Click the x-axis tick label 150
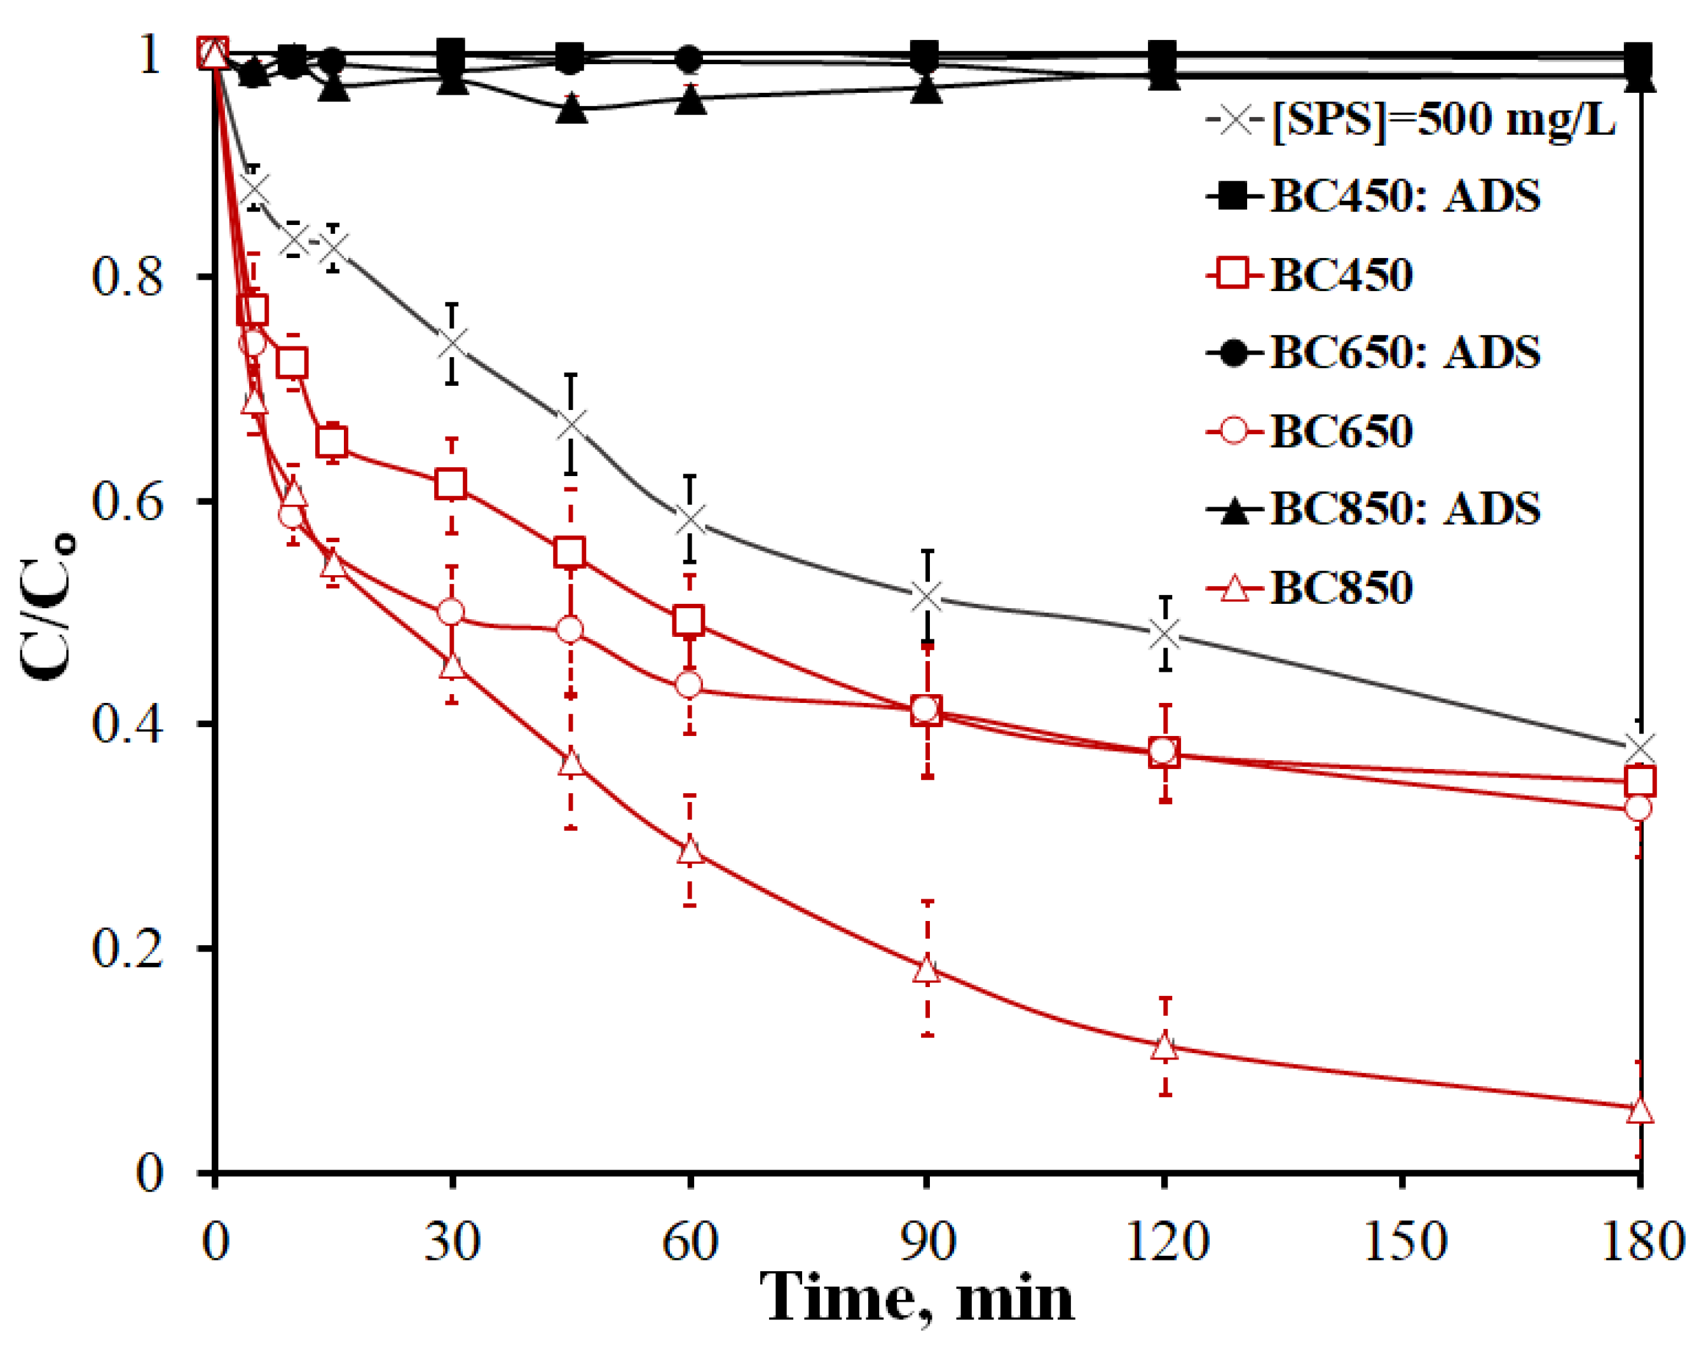(x=1402, y=1242)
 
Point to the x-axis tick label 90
(x=927, y=1242)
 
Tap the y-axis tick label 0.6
(x=126, y=501)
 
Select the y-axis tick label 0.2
(x=126, y=948)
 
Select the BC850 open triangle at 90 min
(x=927, y=969)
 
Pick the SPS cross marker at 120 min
(x=1164, y=634)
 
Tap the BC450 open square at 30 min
(x=451, y=484)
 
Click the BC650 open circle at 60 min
(x=690, y=685)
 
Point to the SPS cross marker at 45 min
(x=571, y=425)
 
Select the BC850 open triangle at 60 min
(x=690, y=850)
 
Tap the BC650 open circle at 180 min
(x=1638, y=808)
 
